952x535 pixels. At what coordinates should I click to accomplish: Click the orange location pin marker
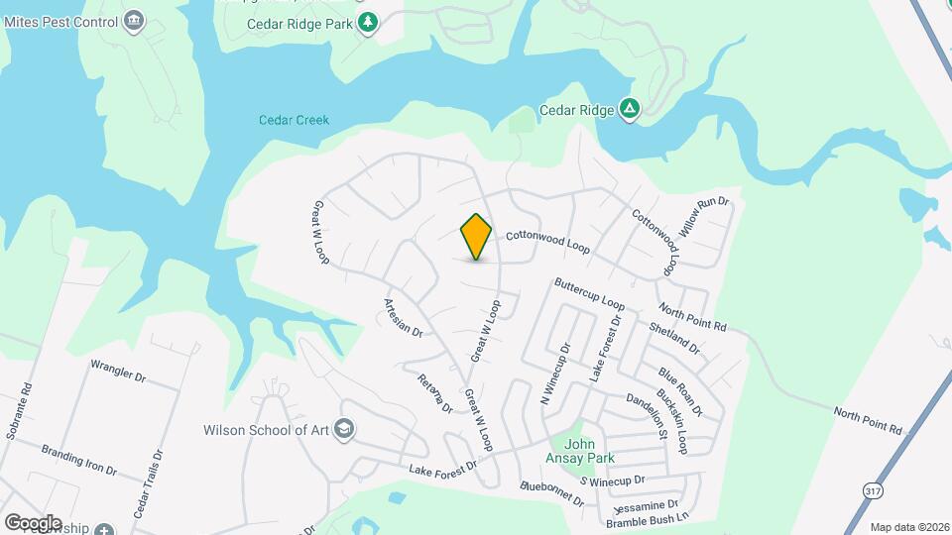(476, 237)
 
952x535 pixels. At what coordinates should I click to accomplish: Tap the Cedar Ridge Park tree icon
(369, 21)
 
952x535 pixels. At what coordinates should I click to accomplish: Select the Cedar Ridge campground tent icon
(629, 109)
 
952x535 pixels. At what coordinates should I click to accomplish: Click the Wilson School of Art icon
(345, 430)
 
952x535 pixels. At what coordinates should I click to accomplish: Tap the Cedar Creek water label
(294, 120)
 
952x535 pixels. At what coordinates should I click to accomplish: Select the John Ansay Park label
(580, 450)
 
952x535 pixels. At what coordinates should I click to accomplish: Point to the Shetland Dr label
(673, 339)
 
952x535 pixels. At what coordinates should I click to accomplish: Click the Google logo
(32, 522)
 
